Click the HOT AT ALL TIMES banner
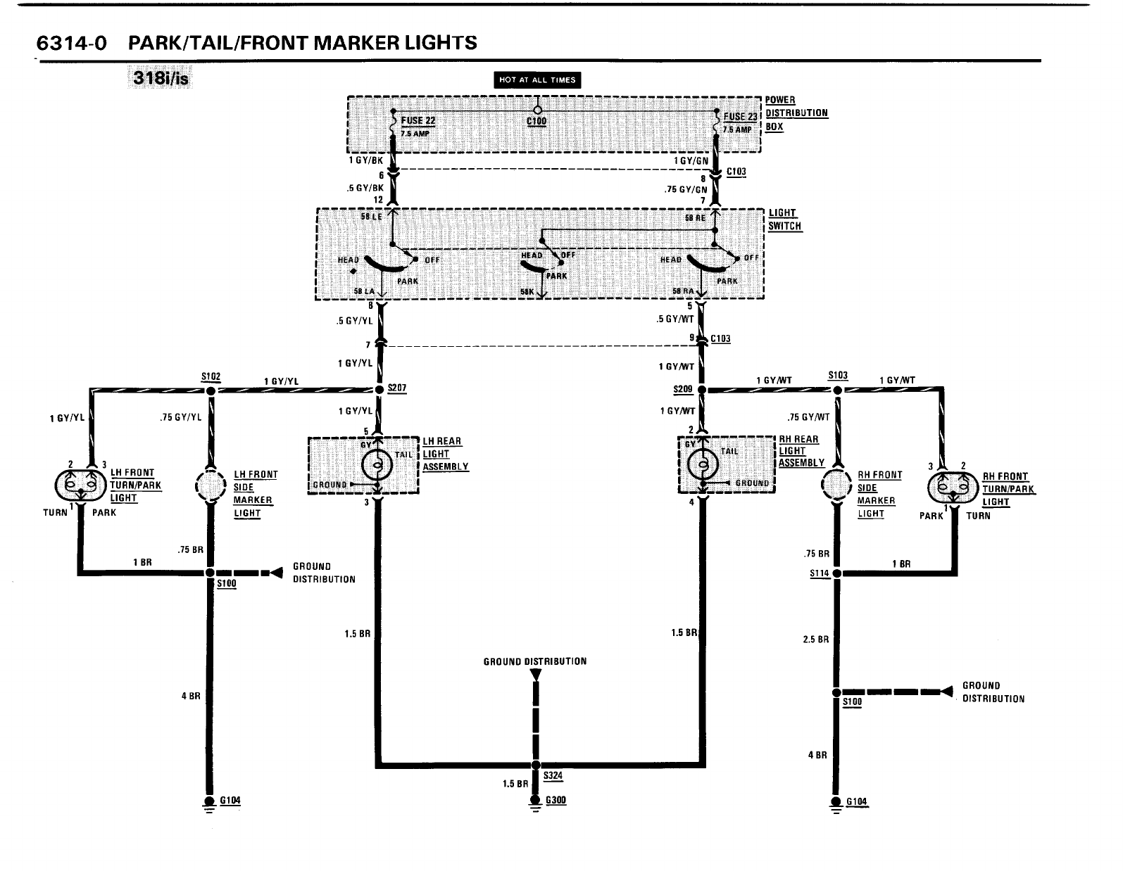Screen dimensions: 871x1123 (538, 80)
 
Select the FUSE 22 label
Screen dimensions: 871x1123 (418, 121)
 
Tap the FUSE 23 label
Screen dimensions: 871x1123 (740, 117)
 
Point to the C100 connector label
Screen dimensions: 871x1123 (537, 121)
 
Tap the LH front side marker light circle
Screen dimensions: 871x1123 (210, 485)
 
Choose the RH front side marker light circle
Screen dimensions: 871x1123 (837, 485)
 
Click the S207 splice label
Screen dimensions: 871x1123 (396, 388)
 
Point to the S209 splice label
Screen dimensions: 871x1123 (683, 389)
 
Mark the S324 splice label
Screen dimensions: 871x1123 (553, 776)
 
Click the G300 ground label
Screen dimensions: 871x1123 (556, 801)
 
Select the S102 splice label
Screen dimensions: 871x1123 (211, 376)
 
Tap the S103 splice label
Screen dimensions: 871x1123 (837, 376)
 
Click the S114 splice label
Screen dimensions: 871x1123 (819, 573)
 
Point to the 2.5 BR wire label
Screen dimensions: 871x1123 (815, 640)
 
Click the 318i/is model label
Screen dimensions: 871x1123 (158, 78)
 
